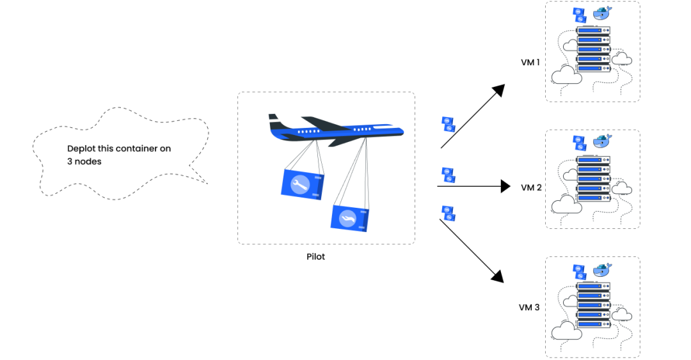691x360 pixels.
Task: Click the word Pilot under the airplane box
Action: coord(315,256)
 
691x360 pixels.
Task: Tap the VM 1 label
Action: coord(530,63)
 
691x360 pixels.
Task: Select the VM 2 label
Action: coord(531,187)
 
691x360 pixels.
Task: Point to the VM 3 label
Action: coord(529,307)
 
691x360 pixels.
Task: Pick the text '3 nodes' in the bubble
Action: coord(84,162)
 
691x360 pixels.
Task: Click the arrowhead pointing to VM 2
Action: coord(507,187)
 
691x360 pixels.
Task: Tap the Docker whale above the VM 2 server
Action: coord(601,141)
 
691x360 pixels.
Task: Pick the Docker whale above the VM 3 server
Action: coord(601,270)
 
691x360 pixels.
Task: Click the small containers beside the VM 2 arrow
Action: coord(448,174)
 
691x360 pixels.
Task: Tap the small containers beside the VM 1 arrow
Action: coord(448,123)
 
